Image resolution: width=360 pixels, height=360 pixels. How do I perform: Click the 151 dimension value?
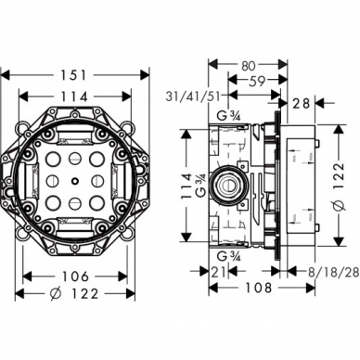pyautogui.click(x=73, y=75)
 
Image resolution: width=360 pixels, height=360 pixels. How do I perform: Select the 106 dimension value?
pyautogui.click(x=75, y=276)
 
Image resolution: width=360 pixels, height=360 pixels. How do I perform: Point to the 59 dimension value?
pyautogui.click(x=257, y=81)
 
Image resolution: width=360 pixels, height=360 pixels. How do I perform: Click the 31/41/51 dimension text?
pyautogui.click(x=193, y=96)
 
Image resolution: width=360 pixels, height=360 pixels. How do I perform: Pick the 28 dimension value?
pyautogui.click(x=301, y=103)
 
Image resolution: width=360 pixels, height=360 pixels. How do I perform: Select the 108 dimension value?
pyautogui.click(x=259, y=288)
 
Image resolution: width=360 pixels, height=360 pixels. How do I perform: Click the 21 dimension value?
pyautogui.click(x=219, y=272)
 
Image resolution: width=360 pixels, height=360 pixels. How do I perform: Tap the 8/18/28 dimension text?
pyautogui.click(x=334, y=272)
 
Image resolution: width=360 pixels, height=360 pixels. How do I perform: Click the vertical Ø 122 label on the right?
pyautogui.click(x=339, y=186)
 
